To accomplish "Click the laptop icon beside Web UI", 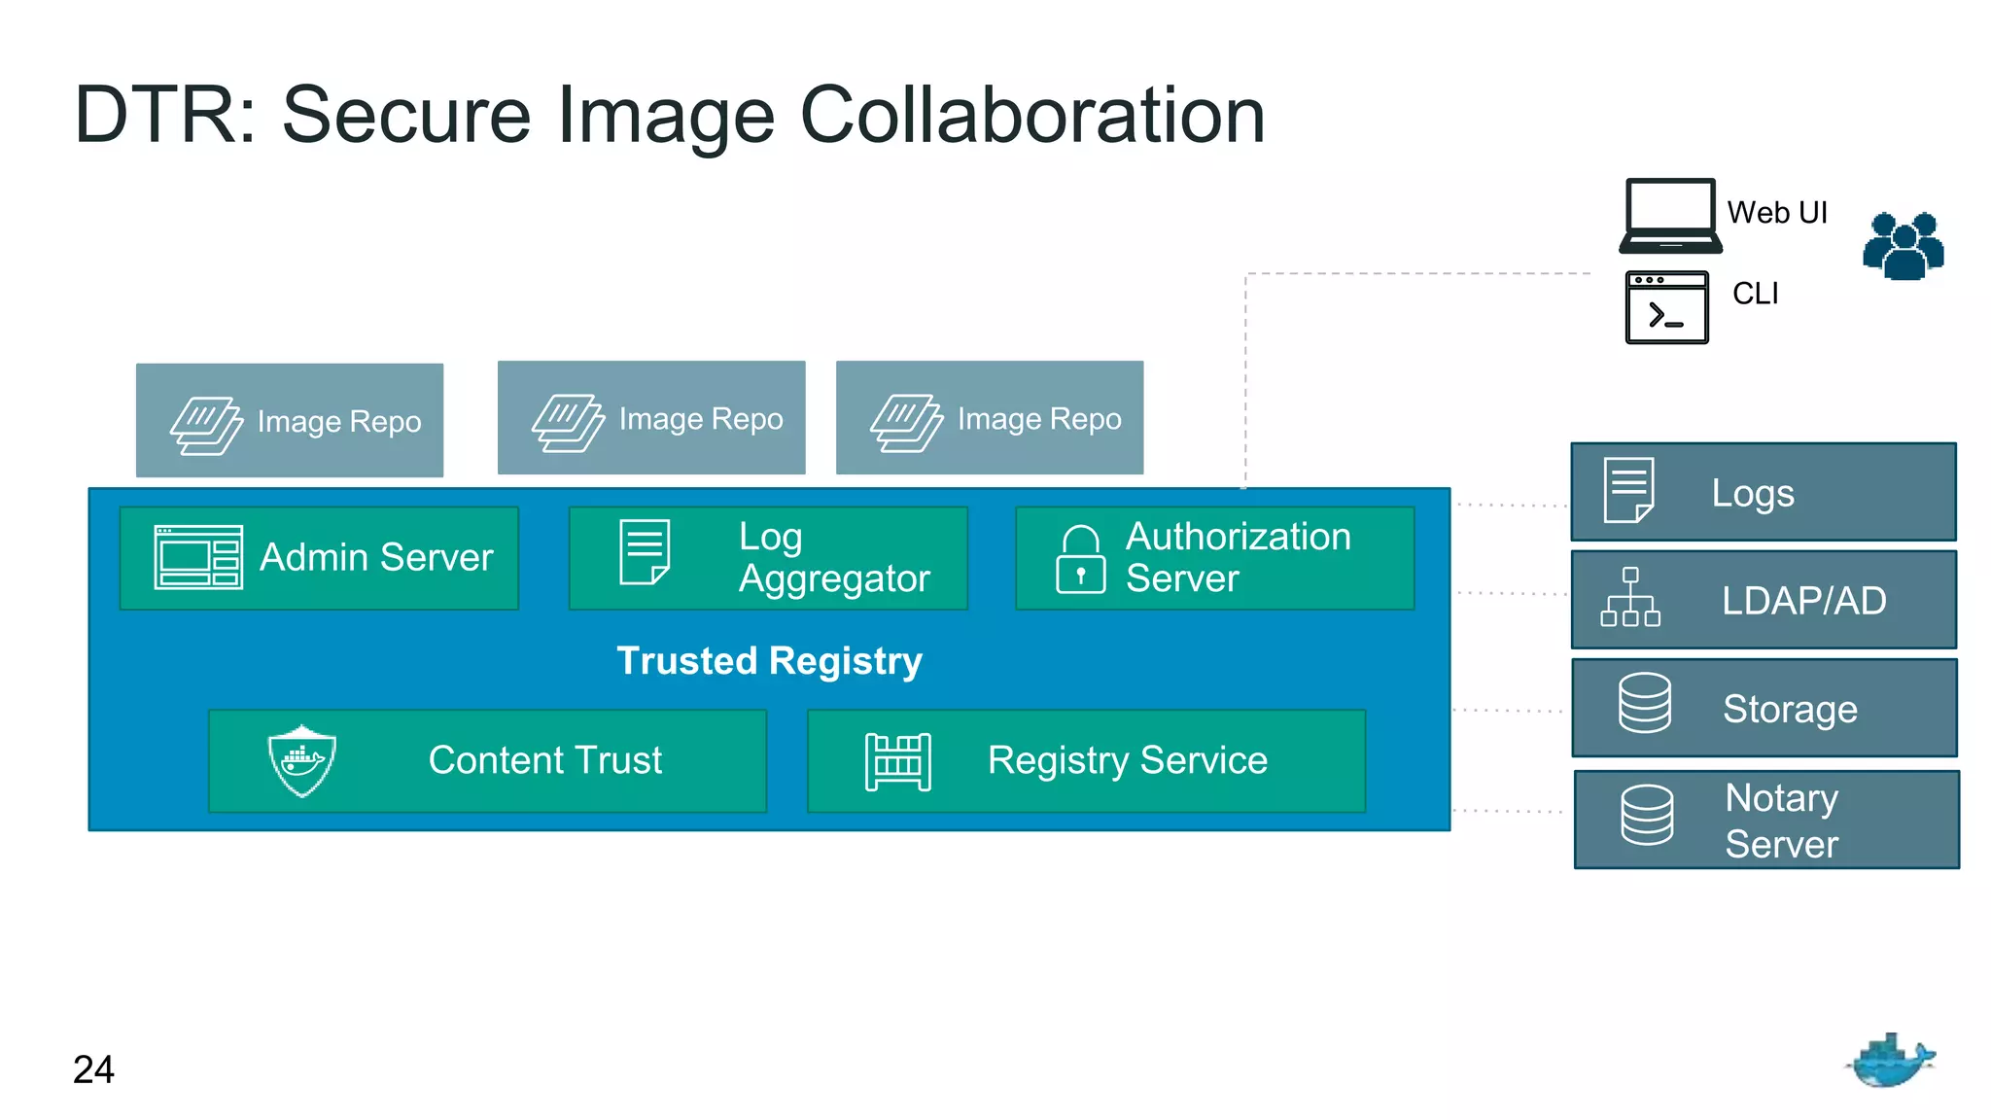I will pos(1669,216).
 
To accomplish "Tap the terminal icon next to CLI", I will pos(1666,307).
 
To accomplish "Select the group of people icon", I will pos(1903,246).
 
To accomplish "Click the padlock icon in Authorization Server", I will pos(1080,559).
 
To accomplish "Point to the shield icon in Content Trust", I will pos(302,760).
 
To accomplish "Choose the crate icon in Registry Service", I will pos(897,761).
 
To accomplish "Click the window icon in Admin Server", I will pos(198,557).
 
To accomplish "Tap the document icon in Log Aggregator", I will pos(645,552).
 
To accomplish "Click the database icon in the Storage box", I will pos(1645,703).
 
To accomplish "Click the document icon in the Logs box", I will pos(1628,490).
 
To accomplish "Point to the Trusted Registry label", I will pos(769,661).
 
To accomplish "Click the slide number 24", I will pos(93,1069).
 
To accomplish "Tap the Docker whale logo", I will pos(1890,1061).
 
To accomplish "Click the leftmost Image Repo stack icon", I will pos(206,425).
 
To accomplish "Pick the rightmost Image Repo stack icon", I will pos(906,422).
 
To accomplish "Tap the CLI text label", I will pos(1755,294).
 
